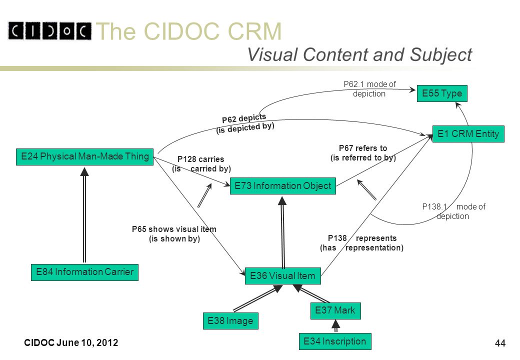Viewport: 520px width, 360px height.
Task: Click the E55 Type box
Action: point(442,93)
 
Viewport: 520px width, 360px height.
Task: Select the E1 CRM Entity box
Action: point(468,134)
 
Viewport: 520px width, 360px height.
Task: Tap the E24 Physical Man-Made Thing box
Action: point(85,157)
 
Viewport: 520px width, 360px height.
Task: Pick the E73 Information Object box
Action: point(283,186)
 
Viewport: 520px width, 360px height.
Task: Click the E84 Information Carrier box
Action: point(85,272)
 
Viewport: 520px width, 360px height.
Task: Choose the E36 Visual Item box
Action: point(283,276)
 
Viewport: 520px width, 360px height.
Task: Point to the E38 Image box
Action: point(230,321)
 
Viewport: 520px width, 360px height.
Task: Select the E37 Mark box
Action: point(335,311)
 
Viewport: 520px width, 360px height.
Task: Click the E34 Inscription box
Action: point(335,341)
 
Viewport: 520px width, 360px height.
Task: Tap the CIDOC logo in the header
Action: point(49,31)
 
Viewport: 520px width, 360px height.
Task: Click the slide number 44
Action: point(500,343)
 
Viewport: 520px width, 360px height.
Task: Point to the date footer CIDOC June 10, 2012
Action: point(71,342)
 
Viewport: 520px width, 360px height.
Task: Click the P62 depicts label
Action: point(244,118)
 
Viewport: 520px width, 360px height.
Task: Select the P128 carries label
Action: point(200,159)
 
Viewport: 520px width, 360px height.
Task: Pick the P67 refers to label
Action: point(363,148)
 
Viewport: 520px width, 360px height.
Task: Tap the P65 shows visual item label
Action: point(174,229)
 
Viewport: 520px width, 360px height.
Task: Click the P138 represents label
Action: point(362,238)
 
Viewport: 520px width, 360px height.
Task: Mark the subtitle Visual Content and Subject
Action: point(360,54)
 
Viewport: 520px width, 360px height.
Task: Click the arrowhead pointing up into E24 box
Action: point(84,171)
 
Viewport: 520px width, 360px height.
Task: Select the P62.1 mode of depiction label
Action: point(369,89)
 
